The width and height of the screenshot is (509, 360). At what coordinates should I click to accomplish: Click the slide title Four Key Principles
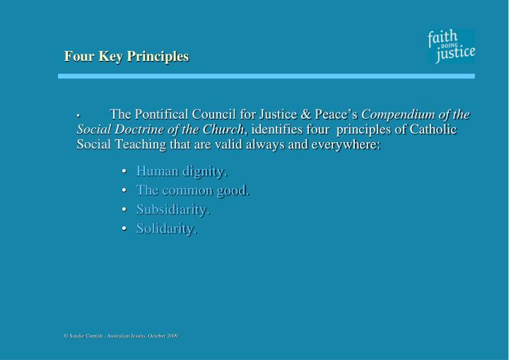pos(126,56)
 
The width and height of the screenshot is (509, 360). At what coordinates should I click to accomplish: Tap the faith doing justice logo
pos(451,47)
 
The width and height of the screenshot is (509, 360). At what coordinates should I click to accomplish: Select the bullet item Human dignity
pos(182,171)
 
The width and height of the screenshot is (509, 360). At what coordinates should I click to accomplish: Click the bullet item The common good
pos(193,190)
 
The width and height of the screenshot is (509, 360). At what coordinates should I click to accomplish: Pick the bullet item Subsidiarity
pos(172,209)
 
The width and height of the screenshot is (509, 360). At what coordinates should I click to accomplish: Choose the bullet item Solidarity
pos(167,228)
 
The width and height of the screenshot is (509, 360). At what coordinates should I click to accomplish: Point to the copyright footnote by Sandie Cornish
pos(121,336)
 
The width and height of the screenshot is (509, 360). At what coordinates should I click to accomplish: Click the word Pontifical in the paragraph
pos(163,115)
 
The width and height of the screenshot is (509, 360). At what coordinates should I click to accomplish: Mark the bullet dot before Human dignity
pos(124,172)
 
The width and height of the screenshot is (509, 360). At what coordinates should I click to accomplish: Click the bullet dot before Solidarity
pos(124,229)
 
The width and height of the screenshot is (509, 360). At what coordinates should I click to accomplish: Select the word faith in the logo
pos(443,37)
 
